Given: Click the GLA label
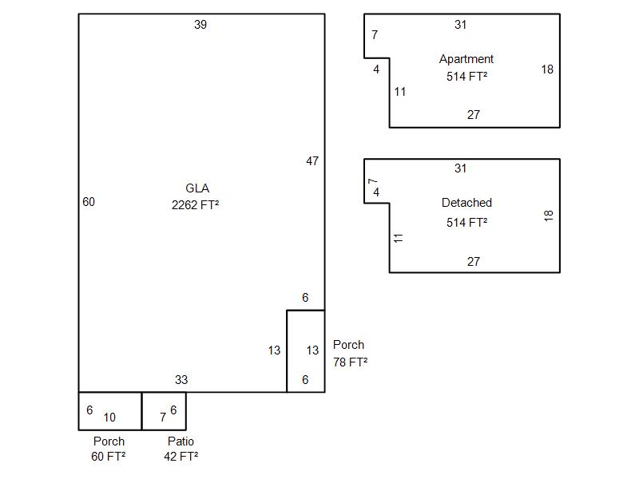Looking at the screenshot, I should pyautogui.click(x=197, y=188).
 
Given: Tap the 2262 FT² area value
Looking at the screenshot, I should pyautogui.click(x=196, y=204).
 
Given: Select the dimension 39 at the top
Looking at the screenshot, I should pyautogui.click(x=200, y=25).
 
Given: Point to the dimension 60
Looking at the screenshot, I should pyautogui.click(x=89, y=202).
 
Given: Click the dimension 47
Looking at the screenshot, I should pyautogui.click(x=312, y=161).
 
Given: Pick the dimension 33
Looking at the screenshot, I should pyautogui.click(x=181, y=380).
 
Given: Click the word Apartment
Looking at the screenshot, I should pyautogui.click(x=466, y=59).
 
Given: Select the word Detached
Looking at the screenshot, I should pyautogui.click(x=466, y=203).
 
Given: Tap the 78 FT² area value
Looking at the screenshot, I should pyautogui.click(x=350, y=362).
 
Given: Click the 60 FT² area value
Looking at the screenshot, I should pyautogui.click(x=109, y=457).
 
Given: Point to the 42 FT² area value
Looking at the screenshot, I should pyautogui.click(x=181, y=457).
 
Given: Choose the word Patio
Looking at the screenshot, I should pyautogui.click(x=181, y=441).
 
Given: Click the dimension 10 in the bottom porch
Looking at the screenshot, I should pyautogui.click(x=109, y=418).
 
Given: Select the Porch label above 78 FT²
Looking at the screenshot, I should pyautogui.click(x=348, y=345).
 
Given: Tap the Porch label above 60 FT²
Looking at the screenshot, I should pyautogui.click(x=109, y=441).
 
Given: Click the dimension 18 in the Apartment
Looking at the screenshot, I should pyautogui.click(x=547, y=69).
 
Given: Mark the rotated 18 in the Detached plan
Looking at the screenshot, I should pyautogui.click(x=549, y=216).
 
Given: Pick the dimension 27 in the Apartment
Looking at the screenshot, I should pyautogui.click(x=474, y=115).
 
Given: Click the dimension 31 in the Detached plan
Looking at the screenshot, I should pyautogui.click(x=460, y=168).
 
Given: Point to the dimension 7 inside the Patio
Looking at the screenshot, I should pyautogui.click(x=163, y=418).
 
